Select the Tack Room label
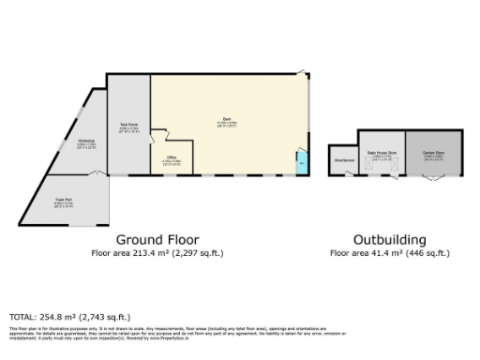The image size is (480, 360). (x=129, y=127)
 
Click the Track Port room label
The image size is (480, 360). (x=64, y=202)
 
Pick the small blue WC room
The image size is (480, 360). (x=301, y=164)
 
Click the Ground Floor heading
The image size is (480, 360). (x=157, y=238)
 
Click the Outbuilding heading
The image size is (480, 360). (x=390, y=238)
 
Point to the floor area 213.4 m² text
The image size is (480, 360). (x=157, y=253)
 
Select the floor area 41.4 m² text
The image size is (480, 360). (x=390, y=253)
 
